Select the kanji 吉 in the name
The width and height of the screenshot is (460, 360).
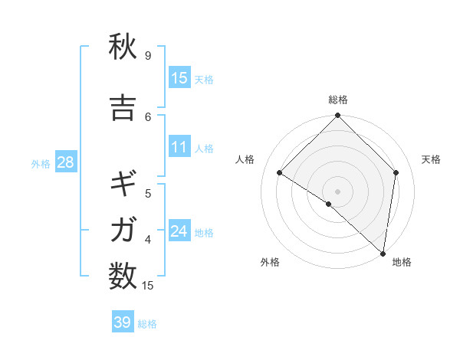click(x=123, y=108)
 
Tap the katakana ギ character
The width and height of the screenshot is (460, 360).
click(x=123, y=185)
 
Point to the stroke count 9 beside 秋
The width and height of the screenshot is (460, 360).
click(x=148, y=56)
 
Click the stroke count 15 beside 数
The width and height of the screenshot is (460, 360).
click(x=149, y=286)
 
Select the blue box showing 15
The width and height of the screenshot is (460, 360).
click(x=179, y=78)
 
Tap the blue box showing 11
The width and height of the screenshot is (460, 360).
click(x=179, y=147)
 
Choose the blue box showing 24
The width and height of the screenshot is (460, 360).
click(x=179, y=231)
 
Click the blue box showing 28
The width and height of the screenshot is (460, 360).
click(x=65, y=162)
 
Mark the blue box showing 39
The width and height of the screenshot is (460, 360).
click(x=123, y=322)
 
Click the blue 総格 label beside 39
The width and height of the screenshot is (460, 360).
click(x=147, y=324)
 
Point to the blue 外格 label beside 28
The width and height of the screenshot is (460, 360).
click(x=41, y=164)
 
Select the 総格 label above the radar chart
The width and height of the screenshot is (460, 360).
click(x=338, y=100)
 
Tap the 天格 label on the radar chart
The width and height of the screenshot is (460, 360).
click(x=431, y=159)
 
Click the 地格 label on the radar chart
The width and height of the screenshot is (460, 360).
click(x=402, y=262)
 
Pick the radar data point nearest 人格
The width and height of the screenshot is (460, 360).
click(x=280, y=172)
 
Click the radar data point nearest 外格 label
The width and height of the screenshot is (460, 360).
click(x=329, y=204)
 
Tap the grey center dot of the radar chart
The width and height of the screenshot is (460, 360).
click(x=338, y=191)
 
